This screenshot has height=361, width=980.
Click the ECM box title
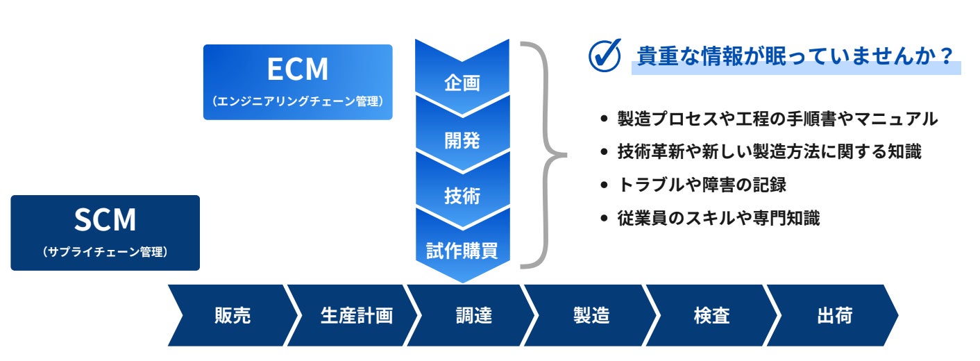(x=298, y=70)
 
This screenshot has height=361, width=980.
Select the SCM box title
(x=105, y=220)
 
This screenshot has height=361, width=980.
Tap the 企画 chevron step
(x=462, y=83)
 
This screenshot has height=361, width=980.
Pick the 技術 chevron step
(x=462, y=196)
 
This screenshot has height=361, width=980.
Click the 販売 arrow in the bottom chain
(x=233, y=316)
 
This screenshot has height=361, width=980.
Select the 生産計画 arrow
(x=356, y=316)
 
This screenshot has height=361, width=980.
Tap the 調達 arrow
(x=474, y=316)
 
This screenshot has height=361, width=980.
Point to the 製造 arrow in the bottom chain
(x=591, y=316)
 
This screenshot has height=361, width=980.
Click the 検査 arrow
(x=711, y=316)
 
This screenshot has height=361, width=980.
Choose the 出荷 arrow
(x=834, y=316)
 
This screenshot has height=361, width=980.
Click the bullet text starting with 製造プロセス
(x=777, y=119)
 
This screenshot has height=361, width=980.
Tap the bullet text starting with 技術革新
(x=769, y=152)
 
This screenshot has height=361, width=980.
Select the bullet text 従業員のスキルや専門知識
(x=718, y=218)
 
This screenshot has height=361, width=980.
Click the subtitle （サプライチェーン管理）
(x=105, y=252)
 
